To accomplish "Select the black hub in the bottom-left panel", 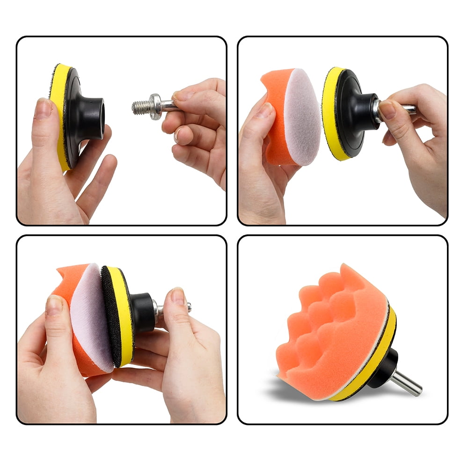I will click(x=143, y=312).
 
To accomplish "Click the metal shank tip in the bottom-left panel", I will click(x=188, y=307).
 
